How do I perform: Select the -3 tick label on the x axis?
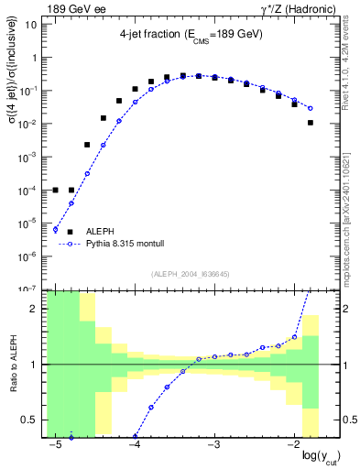tap(213, 444)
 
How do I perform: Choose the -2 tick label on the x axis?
tap(291, 444)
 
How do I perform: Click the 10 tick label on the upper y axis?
tap(31, 24)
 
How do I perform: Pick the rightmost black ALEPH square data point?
tap(311, 123)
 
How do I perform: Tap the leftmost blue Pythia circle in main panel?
tap(56, 229)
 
